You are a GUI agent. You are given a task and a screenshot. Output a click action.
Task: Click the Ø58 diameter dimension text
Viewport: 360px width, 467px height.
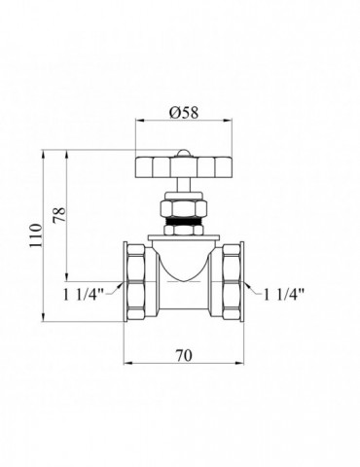coord(184,112)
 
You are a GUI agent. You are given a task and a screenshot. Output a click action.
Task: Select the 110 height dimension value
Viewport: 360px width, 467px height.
coord(36,235)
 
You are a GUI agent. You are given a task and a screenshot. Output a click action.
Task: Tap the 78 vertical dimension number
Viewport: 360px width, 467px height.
coord(59,215)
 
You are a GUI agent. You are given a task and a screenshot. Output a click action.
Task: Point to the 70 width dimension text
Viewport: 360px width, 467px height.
coord(184,355)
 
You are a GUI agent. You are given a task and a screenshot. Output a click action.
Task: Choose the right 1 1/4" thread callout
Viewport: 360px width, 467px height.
coord(284,295)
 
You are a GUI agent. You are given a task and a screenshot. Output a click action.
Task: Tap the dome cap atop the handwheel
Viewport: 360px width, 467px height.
coord(184,153)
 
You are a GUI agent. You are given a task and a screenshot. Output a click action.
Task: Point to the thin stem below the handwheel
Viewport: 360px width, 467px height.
coord(184,185)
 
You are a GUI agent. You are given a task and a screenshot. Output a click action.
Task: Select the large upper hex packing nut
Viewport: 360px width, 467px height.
coord(184,209)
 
